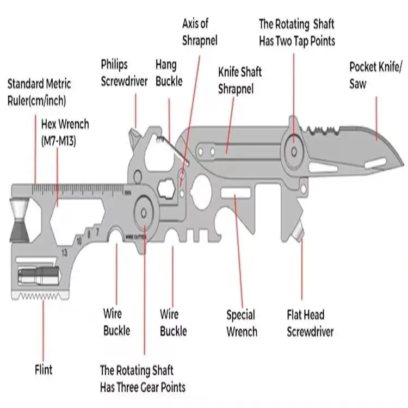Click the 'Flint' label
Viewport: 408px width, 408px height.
[44, 370]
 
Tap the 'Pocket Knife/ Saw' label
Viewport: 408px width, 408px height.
[376, 76]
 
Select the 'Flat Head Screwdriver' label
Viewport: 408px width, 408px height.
[310, 323]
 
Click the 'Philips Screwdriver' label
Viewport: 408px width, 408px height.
[124, 73]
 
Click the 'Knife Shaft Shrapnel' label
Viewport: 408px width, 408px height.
[239, 80]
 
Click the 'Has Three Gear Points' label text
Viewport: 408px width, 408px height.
[143, 387]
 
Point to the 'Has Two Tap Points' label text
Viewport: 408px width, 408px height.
[296, 40]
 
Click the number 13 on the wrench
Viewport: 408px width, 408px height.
[65, 252]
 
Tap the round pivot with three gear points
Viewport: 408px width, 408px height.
[145, 209]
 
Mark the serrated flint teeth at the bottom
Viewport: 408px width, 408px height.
[42, 296]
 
